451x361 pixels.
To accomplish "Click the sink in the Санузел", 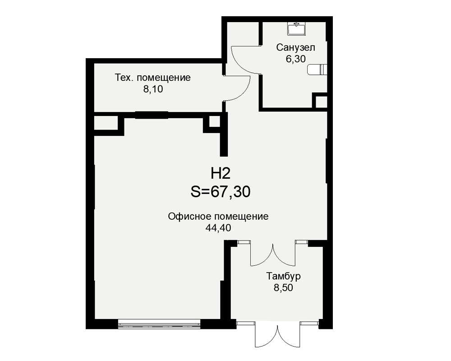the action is click(296, 28).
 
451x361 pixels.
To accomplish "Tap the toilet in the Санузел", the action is click(317, 69).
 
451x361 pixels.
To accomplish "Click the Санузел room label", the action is click(296, 47).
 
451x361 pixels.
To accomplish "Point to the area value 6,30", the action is click(295, 59).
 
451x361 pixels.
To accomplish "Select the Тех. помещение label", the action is click(153, 78).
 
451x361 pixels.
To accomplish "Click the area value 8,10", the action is click(153, 89).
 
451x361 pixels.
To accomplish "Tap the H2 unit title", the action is click(221, 173).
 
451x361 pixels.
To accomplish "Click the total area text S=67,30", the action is click(221, 191).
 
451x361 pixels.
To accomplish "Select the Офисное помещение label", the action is click(218, 217).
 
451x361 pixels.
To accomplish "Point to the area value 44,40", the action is click(218, 228).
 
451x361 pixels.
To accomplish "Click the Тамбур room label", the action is click(284, 276).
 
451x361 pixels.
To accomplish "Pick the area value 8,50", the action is click(284, 287).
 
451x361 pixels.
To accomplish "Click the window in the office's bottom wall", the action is click(159, 324).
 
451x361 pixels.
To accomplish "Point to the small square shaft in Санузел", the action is click(321, 102).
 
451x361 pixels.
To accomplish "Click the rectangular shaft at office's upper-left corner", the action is click(106, 123).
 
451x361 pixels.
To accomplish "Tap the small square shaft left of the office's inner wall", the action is click(214, 121).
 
